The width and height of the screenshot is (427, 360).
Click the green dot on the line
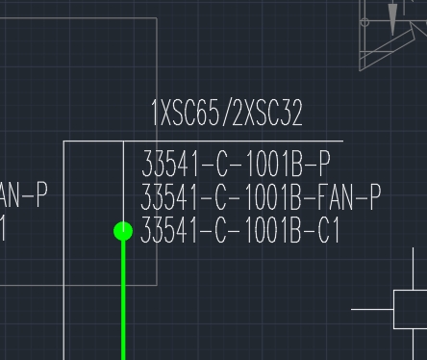[123, 231]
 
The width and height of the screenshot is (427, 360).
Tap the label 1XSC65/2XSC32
[227, 115]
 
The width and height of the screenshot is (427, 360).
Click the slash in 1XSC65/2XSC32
[228, 115]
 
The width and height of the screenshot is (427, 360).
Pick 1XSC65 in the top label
[187, 115]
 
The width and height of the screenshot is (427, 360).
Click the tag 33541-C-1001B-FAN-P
[261, 197]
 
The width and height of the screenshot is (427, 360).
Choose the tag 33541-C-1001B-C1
[240, 231]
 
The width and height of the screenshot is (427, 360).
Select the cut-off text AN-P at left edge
[23, 195]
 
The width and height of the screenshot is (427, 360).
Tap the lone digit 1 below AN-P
[4, 230]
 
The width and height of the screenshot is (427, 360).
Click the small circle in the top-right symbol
[364, 21]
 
